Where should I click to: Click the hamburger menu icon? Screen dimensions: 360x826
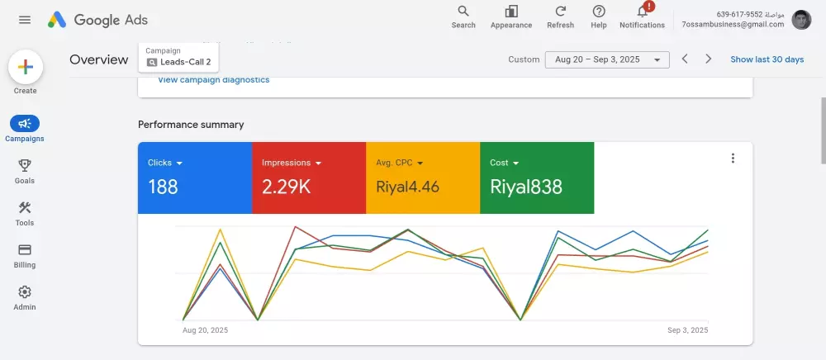(x=25, y=20)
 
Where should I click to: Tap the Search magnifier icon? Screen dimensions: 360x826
(x=463, y=12)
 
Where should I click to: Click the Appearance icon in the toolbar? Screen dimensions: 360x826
(x=511, y=12)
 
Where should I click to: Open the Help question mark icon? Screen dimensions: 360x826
(x=599, y=12)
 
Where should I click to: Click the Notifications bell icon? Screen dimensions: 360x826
(x=642, y=12)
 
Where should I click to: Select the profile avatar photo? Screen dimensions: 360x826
(x=801, y=20)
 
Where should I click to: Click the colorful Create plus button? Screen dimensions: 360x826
(x=25, y=67)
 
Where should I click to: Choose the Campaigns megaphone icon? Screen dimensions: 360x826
(x=25, y=123)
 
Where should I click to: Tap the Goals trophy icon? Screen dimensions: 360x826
(x=25, y=165)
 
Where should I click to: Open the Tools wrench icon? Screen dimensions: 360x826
(x=25, y=207)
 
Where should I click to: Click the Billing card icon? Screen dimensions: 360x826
(x=25, y=249)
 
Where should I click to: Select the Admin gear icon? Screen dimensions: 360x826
(x=25, y=291)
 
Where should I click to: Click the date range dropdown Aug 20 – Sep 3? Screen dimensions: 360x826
(x=607, y=59)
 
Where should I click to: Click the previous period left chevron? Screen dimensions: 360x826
(x=685, y=59)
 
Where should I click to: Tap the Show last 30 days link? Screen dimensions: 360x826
(x=767, y=59)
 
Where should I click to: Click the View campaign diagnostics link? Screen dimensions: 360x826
(x=213, y=80)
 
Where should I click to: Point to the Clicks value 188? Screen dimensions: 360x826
(x=163, y=187)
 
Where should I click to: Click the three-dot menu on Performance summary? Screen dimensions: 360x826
(x=733, y=159)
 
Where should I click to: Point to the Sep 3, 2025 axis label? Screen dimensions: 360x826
(x=688, y=330)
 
